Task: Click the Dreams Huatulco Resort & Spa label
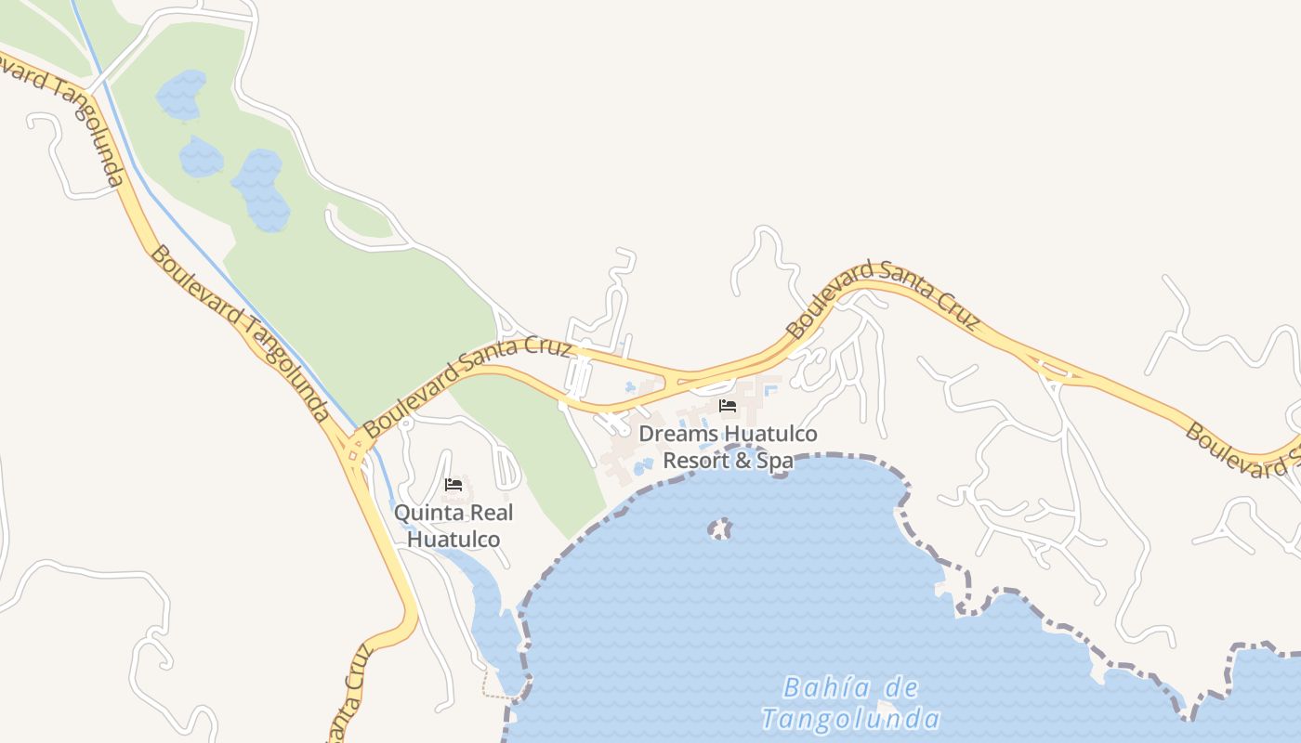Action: pos(728,447)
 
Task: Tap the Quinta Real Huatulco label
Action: pos(453,526)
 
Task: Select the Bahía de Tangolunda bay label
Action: pos(850,703)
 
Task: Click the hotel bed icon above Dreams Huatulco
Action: pos(728,406)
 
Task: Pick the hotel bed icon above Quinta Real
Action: pos(453,485)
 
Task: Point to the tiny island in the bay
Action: pos(720,529)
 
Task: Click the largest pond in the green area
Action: pos(260,191)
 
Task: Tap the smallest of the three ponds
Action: pos(201,157)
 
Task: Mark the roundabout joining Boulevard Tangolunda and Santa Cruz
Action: pos(354,450)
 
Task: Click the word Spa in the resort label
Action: pos(774,460)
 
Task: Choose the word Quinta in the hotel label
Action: pos(426,513)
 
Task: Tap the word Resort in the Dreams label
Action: pos(696,460)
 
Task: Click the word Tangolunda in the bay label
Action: pos(850,719)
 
